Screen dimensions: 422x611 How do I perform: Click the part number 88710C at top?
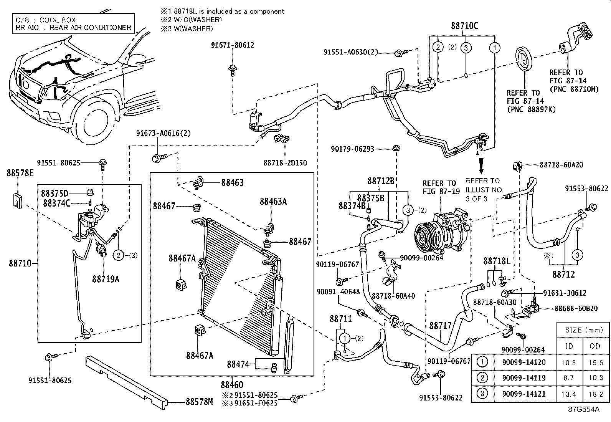pyautogui.click(x=464, y=26)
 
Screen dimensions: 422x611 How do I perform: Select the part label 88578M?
pyautogui.click(x=199, y=402)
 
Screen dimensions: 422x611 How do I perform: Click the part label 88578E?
pyautogui.click(x=20, y=173)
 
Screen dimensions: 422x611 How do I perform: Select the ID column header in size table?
pyautogui.click(x=569, y=346)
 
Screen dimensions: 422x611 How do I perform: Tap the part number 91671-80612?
pyautogui.click(x=233, y=45)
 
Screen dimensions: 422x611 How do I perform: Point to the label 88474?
pyautogui.click(x=238, y=364)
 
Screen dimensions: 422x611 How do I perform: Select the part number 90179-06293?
pyautogui.click(x=352, y=149)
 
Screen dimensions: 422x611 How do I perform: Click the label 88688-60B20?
pyautogui.click(x=576, y=308)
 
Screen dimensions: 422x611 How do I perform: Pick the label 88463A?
pyautogui.click(x=273, y=201)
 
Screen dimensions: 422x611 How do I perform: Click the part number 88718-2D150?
pyautogui.click(x=285, y=163)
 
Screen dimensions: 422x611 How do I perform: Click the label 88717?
pyautogui.click(x=440, y=326)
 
